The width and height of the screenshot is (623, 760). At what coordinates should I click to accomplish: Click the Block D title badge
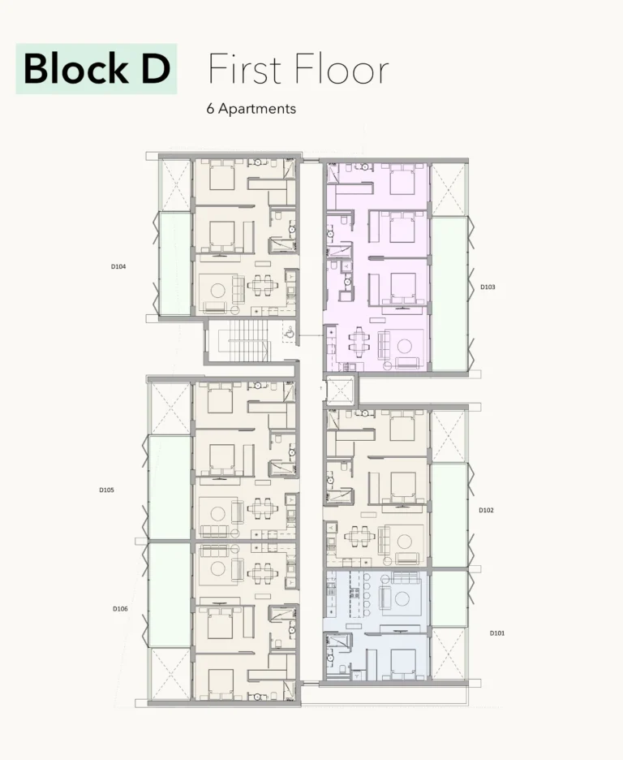point(97,68)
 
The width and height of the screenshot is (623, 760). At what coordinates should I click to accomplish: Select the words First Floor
point(299,69)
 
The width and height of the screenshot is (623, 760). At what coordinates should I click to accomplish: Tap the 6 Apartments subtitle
point(251,109)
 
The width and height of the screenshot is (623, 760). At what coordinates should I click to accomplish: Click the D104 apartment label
point(118,266)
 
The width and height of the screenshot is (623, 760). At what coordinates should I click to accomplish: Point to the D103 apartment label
point(488,287)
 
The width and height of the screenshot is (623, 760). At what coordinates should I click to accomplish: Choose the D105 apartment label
point(106,490)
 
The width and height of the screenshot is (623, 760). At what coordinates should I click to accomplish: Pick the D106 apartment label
point(120,609)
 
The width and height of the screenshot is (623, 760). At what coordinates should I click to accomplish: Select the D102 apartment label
point(486,510)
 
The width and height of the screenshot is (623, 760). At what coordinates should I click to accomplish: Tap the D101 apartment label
point(497,633)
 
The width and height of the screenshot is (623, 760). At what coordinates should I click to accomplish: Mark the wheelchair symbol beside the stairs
point(290,333)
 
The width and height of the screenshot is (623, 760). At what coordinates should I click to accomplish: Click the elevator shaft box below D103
point(341,390)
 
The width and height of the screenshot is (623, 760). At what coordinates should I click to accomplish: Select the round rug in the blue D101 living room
point(402,599)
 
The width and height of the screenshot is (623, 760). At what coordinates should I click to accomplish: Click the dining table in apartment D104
point(262,285)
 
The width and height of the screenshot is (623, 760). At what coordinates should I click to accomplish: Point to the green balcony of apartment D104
point(175,263)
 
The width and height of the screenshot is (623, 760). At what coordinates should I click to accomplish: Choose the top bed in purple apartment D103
point(402,179)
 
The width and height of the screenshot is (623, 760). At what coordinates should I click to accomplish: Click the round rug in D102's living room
point(404,541)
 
